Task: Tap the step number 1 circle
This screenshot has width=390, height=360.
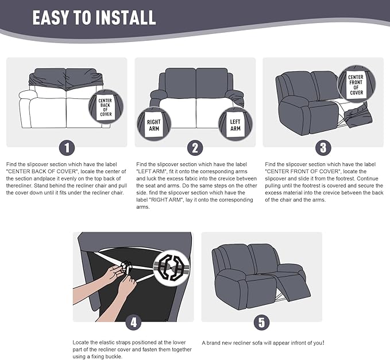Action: tap(67, 148)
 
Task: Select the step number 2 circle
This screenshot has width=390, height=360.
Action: tap(195, 148)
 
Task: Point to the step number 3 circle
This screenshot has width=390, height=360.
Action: tap(323, 148)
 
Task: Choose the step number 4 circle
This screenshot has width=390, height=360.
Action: tap(134, 323)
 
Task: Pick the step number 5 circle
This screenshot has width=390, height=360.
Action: tap(262, 323)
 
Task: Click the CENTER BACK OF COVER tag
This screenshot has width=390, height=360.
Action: tap(106, 108)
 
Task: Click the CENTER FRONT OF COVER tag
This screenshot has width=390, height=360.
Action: tap(356, 85)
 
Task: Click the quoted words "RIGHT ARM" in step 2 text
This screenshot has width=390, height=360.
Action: tap(166, 200)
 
